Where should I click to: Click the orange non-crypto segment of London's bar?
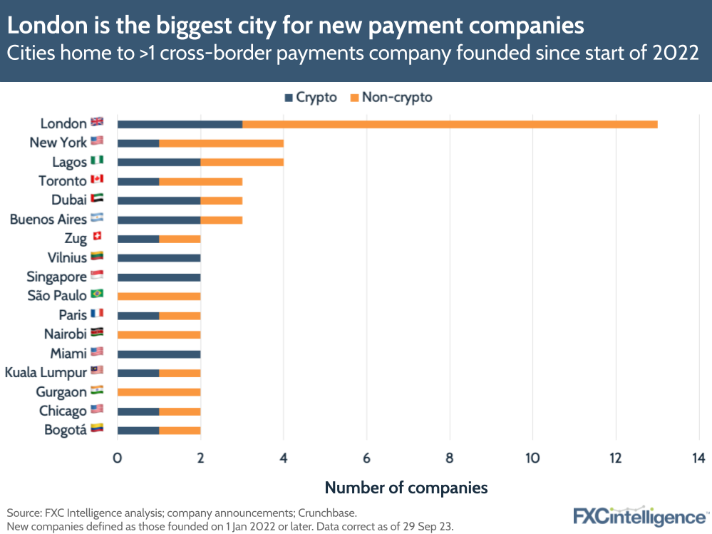point(450,124)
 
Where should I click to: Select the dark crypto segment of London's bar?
point(180,124)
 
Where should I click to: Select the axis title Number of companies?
point(406,488)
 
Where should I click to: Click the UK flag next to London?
point(97,123)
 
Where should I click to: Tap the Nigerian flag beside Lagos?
point(97,161)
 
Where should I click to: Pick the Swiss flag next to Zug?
point(97,237)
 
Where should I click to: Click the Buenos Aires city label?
point(48,219)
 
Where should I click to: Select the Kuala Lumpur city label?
point(46,372)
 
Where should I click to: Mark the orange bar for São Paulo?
point(159,296)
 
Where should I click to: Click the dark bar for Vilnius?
point(159,257)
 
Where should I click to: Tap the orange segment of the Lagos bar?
point(242,162)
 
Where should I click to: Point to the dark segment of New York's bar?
point(138,143)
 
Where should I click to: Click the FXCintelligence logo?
point(641,515)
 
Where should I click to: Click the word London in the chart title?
point(43,26)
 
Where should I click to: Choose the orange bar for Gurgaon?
point(159,391)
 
